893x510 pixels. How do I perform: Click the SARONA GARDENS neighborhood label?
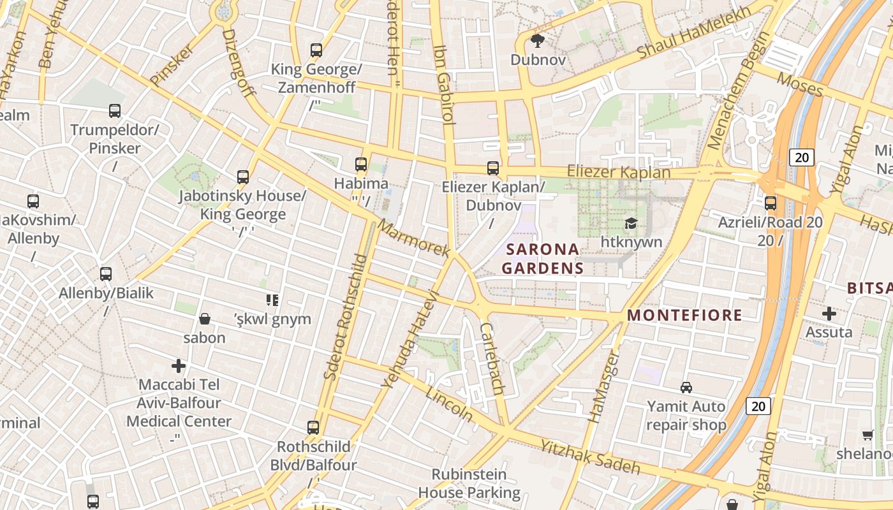coord(542,258)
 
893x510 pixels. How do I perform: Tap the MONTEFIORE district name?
coord(684,315)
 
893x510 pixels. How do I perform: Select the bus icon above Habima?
coord(361,164)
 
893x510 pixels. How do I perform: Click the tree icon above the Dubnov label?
coord(537,41)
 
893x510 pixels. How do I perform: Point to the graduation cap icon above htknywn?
coord(631,223)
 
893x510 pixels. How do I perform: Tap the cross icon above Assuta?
coord(829,313)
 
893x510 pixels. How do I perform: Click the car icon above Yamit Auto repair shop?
coord(686,387)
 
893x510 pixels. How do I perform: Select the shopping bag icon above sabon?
coord(205,318)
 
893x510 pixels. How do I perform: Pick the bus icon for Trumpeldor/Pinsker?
coord(115,111)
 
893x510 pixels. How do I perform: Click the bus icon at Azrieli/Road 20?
coord(771,203)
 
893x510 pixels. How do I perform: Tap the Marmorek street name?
coord(413,239)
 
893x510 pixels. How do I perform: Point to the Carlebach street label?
coord(492,358)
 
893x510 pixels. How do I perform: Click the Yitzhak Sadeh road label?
coord(590,457)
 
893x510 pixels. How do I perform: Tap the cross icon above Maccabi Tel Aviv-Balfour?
coord(179,366)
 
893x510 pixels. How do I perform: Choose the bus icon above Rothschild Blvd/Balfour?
coord(313,427)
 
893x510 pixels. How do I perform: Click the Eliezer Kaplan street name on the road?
coord(619,172)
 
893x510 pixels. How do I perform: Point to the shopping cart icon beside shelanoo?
coord(867,435)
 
